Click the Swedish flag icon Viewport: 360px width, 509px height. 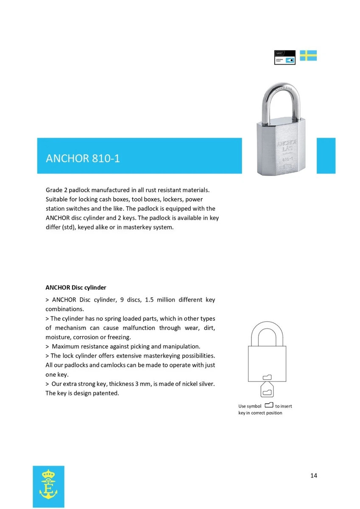pyautogui.click(x=308, y=56)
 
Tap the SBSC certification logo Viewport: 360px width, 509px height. pyautogui.click(x=285, y=57)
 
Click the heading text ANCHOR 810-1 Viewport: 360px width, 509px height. pyautogui.click(x=83, y=158)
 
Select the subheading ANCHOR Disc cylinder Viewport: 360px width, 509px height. pyautogui.click(x=76, y=288)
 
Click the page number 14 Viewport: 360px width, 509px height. pyautogui.click(x=313, y=475)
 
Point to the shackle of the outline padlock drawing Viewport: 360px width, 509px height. pyautogui.click(x=267, y=333)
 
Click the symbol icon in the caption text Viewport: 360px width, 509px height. pyautogui.click(x=268, y=406)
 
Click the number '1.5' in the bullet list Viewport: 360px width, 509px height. pyautogui.click(x=149, y=300)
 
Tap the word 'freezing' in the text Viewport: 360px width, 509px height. pyautogui.click(x=119, y=337)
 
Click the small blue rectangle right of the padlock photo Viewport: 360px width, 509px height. pyautogui.click(x=326, y=156)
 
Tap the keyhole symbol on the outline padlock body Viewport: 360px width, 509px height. pyautogui.click(x=267, y=377)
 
